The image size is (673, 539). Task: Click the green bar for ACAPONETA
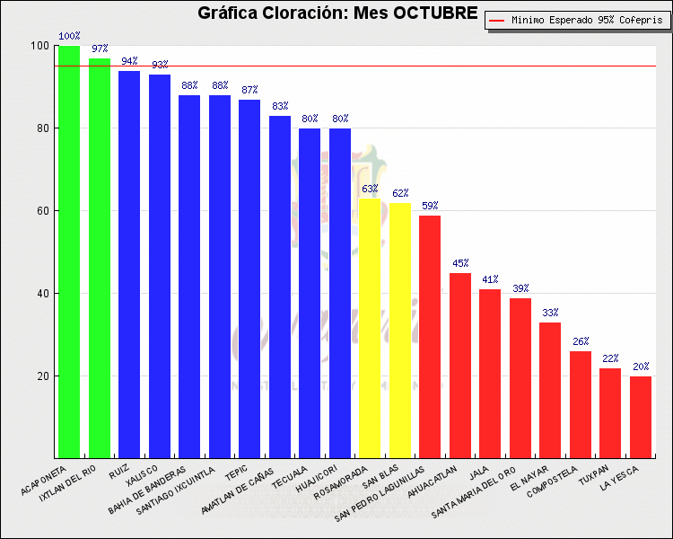coord(69,252)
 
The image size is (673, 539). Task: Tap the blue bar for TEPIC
coord(249,278)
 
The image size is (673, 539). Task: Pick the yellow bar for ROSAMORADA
coord(369,328)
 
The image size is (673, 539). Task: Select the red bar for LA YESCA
coord(640,417)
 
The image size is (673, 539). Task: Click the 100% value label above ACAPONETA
coord(69,37)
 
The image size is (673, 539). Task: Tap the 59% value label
coord(430,206)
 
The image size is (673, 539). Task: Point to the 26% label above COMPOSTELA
coord(581,341)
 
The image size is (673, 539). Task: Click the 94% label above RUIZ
coord(129,62)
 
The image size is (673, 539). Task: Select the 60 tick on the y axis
coord(43,211)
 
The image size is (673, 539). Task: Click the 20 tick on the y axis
coord(43,376)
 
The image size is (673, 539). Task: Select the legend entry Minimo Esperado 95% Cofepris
coord(581,20)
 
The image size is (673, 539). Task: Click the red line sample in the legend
coord(496,20)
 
